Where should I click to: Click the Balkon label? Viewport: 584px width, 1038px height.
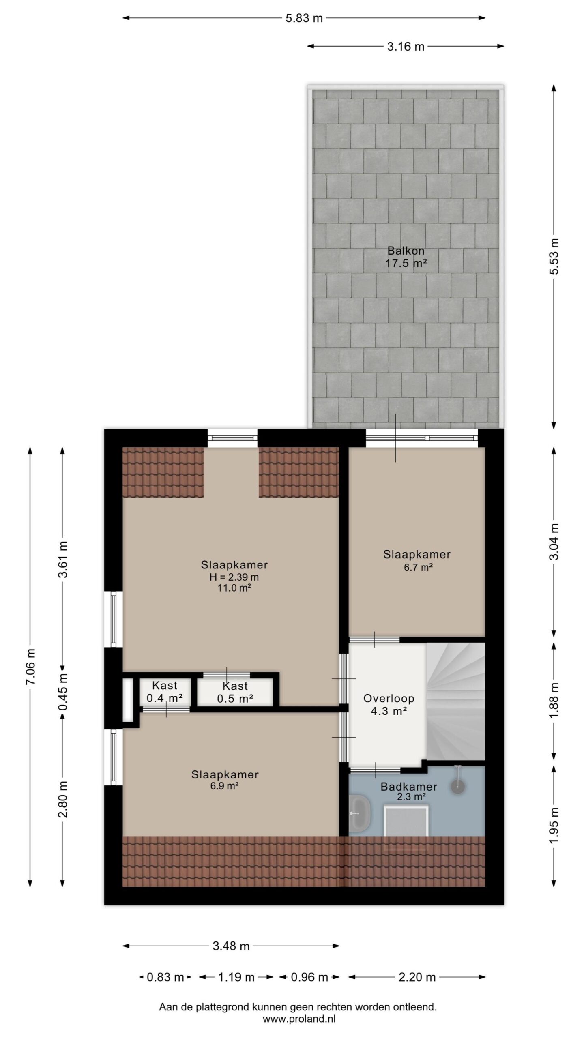[406, 251]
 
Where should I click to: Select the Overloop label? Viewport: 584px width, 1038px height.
[389, 698]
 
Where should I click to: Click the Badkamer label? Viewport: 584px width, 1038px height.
[408, 787]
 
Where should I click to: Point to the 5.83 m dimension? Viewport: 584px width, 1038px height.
[304, 18]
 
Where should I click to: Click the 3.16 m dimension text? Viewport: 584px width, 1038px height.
[406, 47]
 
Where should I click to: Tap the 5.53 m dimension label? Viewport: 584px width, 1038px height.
[554, 256]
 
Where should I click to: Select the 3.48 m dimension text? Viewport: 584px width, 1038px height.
[231, 954]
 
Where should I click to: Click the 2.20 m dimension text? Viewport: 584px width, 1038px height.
[417, 977]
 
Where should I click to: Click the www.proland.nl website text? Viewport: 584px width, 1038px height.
[299, 1017]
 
